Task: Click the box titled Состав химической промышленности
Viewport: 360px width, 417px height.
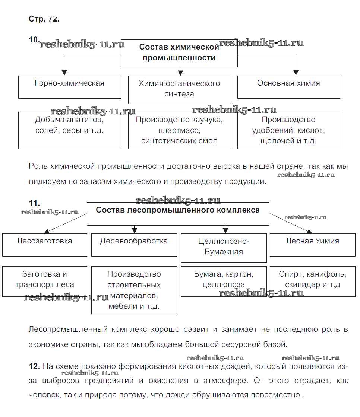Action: point(179,53)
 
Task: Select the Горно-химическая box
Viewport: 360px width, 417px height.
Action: point(70,87)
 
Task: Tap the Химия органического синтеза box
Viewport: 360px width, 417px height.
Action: point(179,89)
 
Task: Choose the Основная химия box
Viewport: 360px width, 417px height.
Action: point(288,87)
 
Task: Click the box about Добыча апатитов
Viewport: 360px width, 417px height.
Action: point(70,130)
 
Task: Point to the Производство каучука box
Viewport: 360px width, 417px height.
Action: point(179,130)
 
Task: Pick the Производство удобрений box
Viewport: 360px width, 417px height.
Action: point(288,130)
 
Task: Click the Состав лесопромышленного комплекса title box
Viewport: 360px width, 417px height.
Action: point(178,214)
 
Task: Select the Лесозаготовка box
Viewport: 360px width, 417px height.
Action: point(45,245)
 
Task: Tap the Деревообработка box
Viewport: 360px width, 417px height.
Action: point(134,245)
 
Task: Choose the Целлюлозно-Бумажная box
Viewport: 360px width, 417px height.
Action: point(224,248)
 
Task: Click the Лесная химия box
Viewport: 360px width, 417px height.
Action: point(312,245)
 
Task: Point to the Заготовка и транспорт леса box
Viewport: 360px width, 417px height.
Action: point(45,281)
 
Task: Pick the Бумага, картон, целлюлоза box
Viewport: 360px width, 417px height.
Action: point(224,281)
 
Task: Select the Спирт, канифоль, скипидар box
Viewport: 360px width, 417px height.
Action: point(312,281)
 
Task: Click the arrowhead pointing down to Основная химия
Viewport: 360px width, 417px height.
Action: point(296,73)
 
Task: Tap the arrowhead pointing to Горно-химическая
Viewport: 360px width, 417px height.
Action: point(64,73)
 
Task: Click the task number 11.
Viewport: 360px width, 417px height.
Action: point(34,203)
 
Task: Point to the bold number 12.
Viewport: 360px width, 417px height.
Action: point(34,366)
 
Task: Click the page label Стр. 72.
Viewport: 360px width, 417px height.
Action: point(44,19)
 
